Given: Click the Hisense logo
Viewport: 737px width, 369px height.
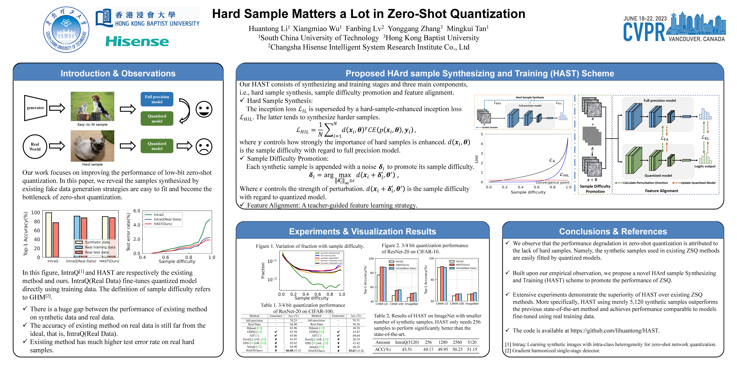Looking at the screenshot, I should (x=137, y=42).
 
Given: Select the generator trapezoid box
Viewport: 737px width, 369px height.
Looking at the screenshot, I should (x=35, y=108).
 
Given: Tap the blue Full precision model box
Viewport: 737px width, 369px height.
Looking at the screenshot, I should (x=157, y=99).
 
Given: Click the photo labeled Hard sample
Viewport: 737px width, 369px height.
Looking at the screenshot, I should (x=92, y=146).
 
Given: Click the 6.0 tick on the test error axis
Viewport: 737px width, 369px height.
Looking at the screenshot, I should (x=137, y=211).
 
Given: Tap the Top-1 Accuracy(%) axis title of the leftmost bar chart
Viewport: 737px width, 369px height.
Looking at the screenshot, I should (x=26, y=234).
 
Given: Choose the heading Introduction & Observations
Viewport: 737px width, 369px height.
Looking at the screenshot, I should (x=118, y=73).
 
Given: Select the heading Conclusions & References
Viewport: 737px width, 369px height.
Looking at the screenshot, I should (x=613, y=231).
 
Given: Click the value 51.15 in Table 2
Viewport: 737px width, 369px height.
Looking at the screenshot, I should (x=472, y=350).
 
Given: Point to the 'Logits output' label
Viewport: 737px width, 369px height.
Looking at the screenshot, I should (x=705, y=166).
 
